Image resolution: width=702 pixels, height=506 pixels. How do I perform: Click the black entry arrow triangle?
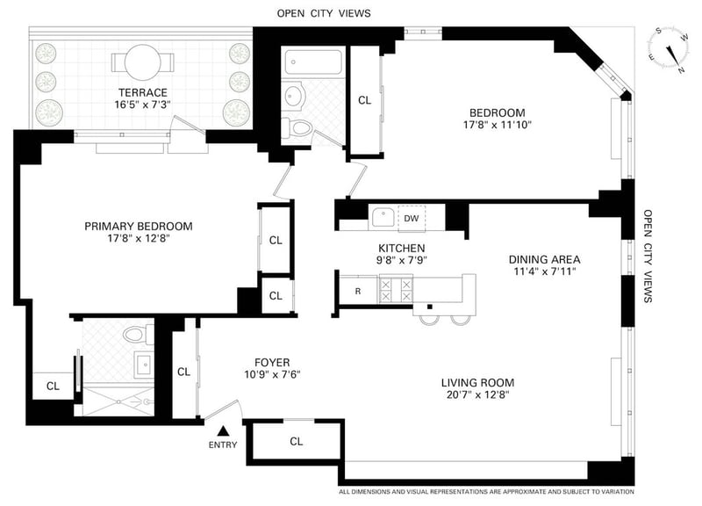tap(223, 431)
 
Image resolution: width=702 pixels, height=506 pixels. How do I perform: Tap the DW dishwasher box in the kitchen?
tap(412, 218)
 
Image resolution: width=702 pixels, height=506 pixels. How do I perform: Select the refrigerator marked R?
tap(358, 291)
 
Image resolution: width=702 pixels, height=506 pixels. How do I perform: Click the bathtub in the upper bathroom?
tap(313, 62)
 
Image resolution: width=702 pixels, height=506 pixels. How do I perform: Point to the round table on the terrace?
tap(142, 61)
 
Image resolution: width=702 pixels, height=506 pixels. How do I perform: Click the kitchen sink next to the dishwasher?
tap(383, 218)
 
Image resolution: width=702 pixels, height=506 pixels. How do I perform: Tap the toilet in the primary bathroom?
tap(139, 334)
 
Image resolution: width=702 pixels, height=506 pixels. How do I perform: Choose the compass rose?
tap(668, 49)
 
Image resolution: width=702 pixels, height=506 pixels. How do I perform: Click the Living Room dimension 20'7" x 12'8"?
tap(478, 394)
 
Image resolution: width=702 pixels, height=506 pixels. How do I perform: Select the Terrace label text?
tap(143, 93)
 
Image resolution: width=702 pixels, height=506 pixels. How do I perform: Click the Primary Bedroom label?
tap(139, 227)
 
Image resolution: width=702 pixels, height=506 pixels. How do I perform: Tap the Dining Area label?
tap(544, 259)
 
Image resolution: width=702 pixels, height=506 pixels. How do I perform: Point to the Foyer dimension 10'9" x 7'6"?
tap(272, 374)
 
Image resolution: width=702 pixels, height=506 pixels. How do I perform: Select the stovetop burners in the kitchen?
tap(396, 290)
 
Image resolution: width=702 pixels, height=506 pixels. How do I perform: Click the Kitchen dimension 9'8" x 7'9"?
tap(402, 259)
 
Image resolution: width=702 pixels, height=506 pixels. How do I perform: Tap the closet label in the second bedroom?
tap(365, 100)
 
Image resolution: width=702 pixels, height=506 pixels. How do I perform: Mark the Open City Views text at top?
tap(324, 13)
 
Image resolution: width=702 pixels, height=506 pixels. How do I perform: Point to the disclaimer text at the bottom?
tap(486, 492)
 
